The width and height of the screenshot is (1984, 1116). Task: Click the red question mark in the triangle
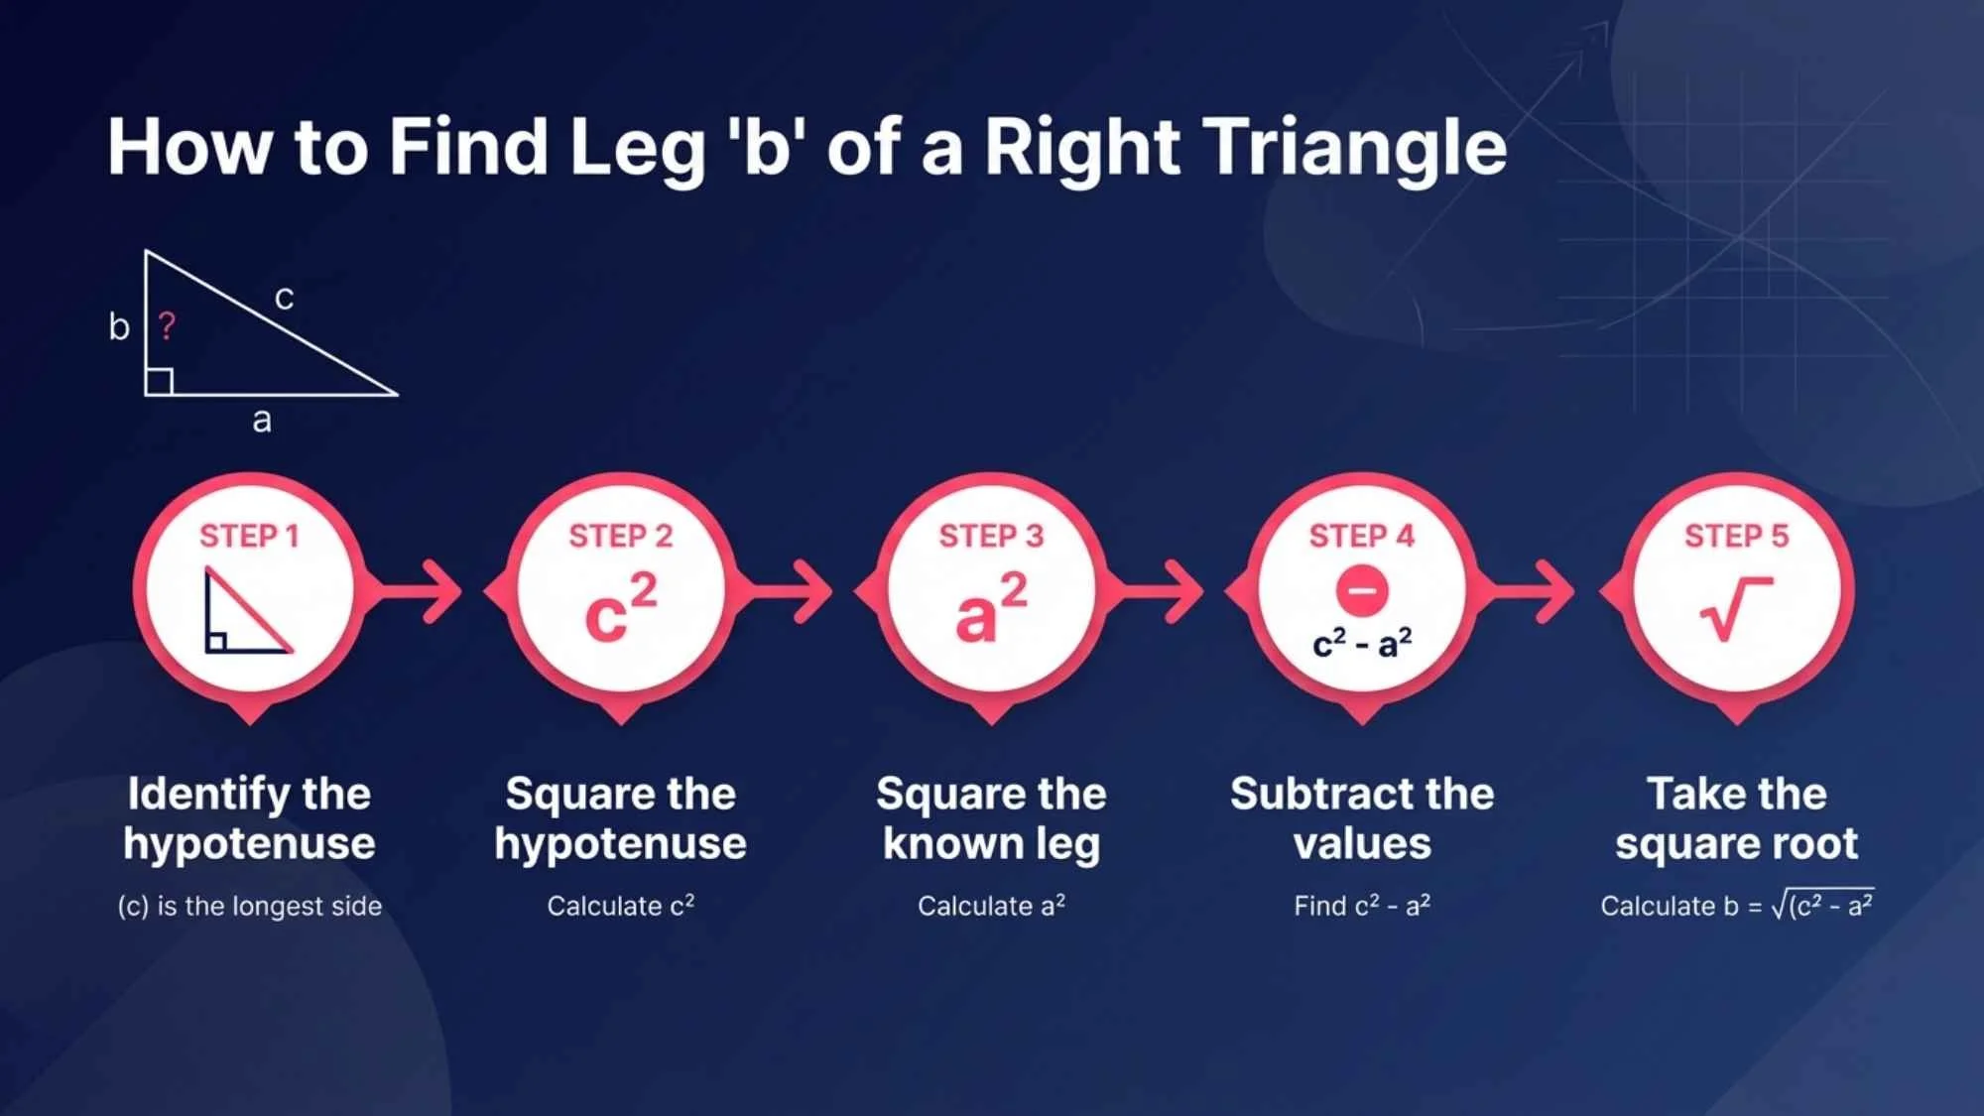point(167,325)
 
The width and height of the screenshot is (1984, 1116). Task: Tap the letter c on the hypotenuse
point(284,298)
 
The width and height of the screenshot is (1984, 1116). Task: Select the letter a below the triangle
point(262,421)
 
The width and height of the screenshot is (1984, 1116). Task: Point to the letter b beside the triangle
point(119,325)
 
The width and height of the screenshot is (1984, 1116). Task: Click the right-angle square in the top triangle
point(160,382)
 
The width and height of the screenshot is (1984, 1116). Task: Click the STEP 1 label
point(249,537)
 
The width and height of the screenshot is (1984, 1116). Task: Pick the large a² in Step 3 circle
point(991,607)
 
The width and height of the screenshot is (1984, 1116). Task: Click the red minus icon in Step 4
point(1362,590)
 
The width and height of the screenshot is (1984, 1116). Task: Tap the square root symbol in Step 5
point(1736,608)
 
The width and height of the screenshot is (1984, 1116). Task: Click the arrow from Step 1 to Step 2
point(422,591)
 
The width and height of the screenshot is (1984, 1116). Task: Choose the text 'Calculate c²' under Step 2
point(621,906)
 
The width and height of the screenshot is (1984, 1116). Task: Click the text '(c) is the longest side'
point(250,906)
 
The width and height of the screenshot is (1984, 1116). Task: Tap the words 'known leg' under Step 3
point(991,844)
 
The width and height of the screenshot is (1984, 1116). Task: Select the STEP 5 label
point(1736,537)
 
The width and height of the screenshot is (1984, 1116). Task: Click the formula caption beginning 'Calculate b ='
point(1736,906)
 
